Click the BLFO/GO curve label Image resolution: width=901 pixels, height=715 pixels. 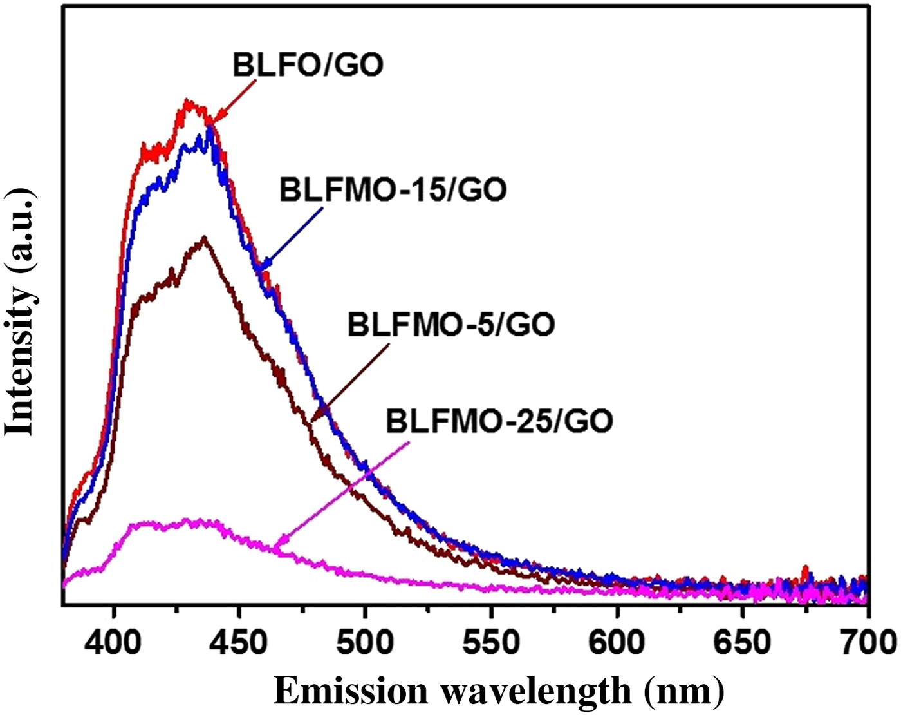(308, 64)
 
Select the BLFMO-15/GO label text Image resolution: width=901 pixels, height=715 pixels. (393, 189)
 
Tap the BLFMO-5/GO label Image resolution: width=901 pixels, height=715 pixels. (451, 324)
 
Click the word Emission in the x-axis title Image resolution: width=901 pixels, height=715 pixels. (350, 691)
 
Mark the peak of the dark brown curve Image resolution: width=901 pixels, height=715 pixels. (204, 238)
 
